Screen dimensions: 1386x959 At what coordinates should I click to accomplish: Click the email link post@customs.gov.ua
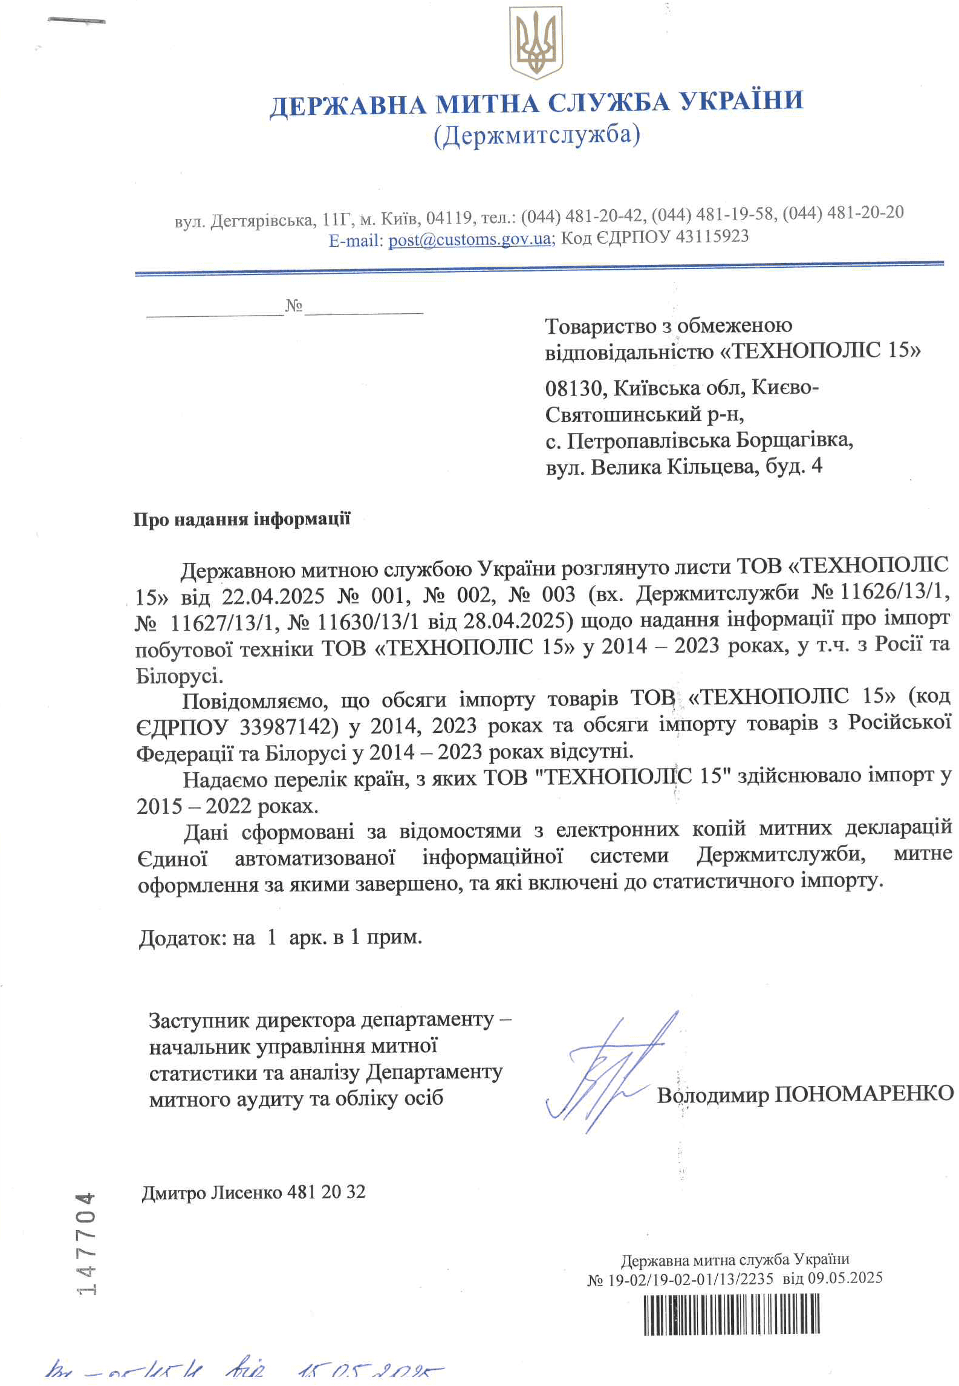(469, 239)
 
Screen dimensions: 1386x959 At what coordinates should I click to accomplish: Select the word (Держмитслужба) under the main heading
(536, 135)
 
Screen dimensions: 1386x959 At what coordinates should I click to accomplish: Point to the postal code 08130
(574, 388)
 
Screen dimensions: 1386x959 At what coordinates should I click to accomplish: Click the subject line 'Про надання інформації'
(241, 519)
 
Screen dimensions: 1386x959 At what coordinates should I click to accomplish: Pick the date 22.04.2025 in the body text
(273, 596)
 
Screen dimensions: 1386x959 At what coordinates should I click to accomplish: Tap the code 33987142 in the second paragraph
(288, 726)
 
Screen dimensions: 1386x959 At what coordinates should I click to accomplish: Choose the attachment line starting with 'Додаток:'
(280, 937)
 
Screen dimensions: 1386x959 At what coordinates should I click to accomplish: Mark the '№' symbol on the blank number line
(294, 305)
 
